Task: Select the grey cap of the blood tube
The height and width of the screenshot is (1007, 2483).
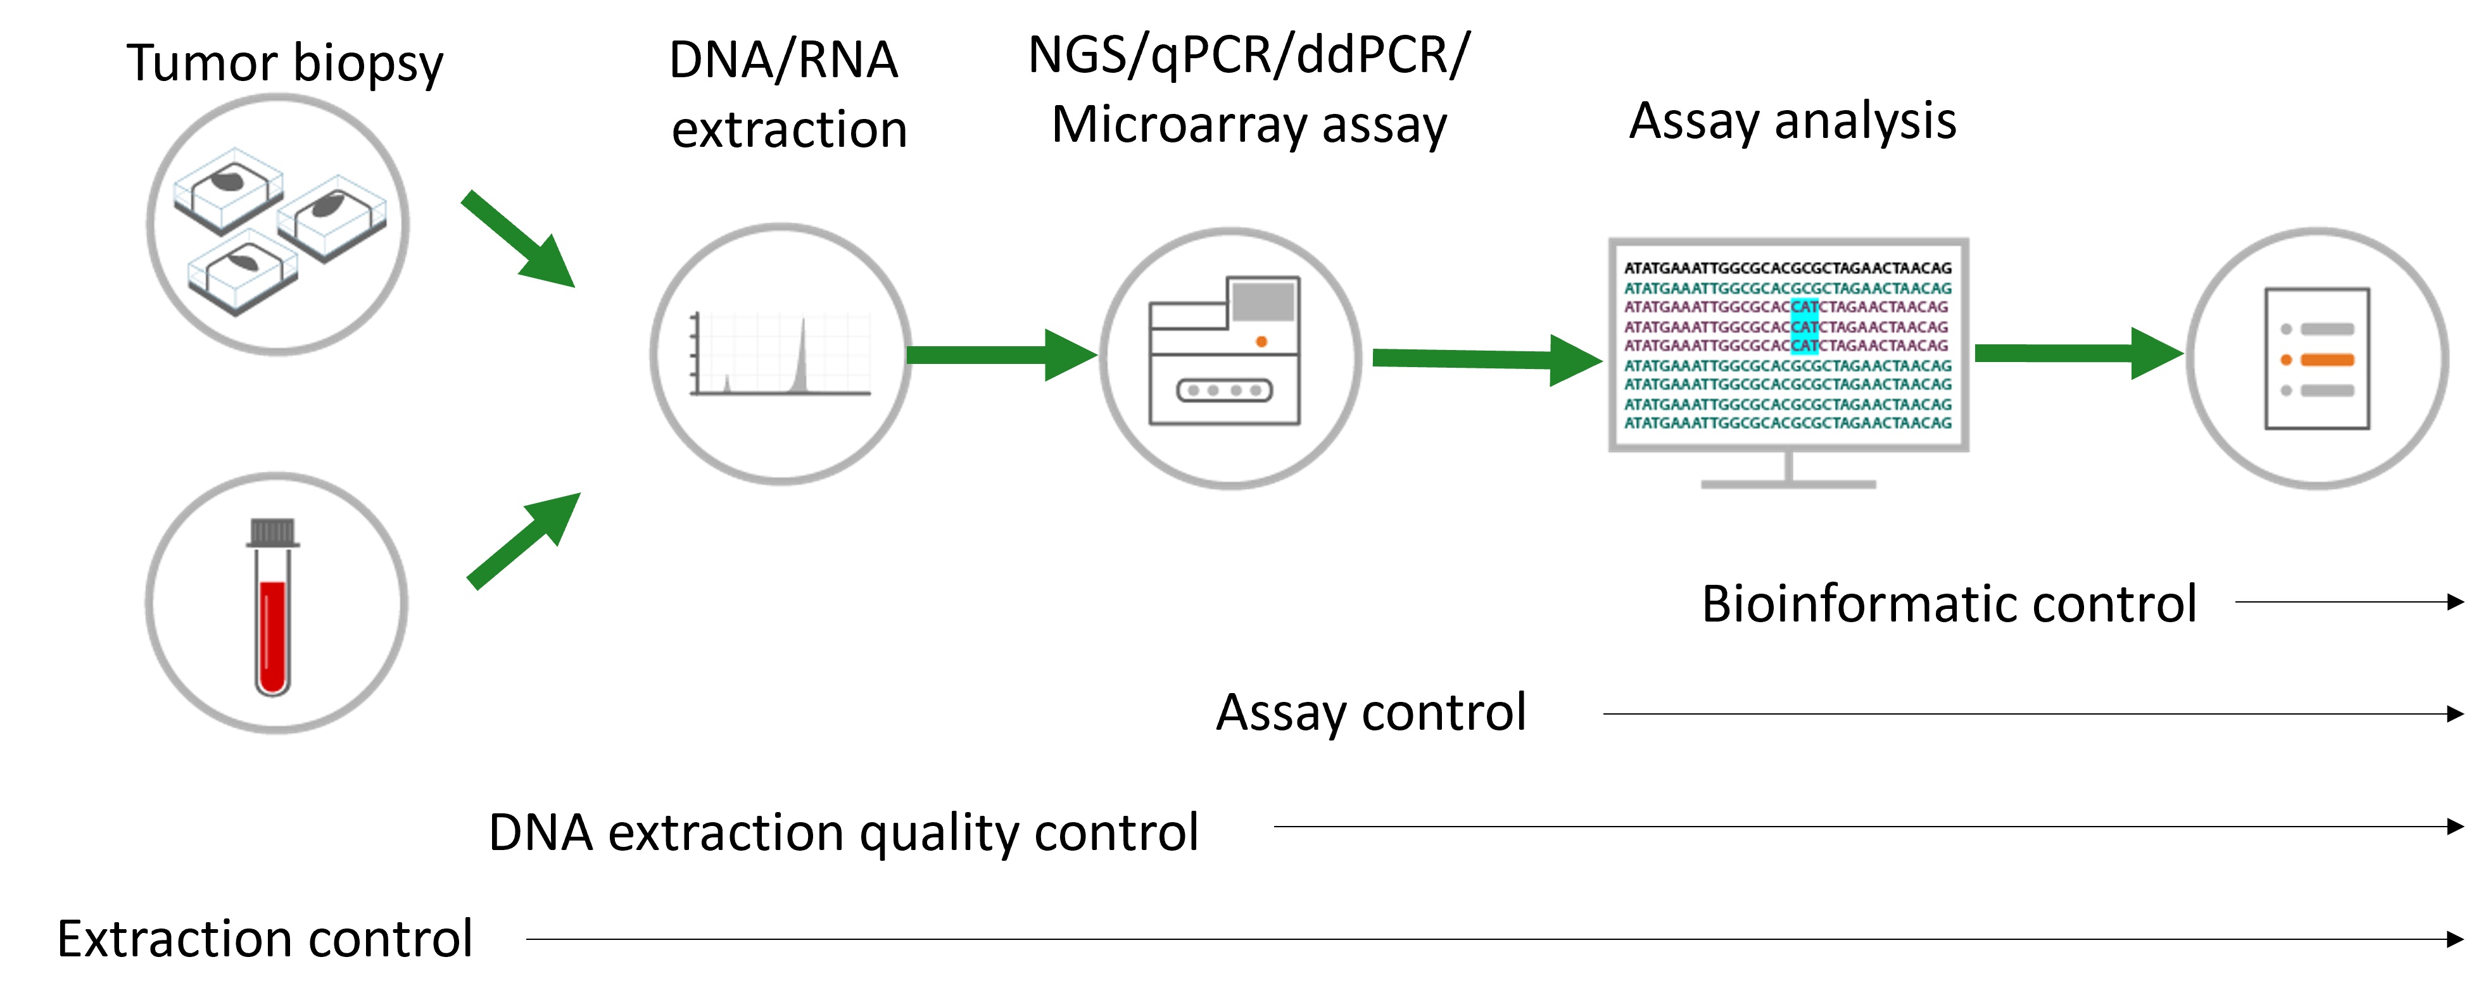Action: click(273, 532)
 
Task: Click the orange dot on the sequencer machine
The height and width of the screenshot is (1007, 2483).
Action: click(1261, 341)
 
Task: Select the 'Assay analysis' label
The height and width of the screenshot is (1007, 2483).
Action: click(1793, 122)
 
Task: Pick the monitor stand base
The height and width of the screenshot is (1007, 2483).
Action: click(1788, 484)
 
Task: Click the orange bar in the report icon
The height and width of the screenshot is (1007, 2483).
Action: click(2327, 360)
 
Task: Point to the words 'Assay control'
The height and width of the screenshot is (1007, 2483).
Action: click(1370, 713)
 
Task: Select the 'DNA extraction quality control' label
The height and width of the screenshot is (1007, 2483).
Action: click(843, 832)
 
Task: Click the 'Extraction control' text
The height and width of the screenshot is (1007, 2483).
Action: click(265, 939)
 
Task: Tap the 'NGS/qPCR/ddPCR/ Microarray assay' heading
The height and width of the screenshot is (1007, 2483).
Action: click(1249, 90)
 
